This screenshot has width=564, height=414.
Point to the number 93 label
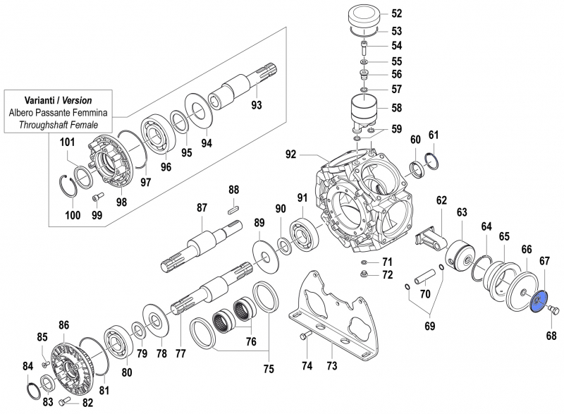tap(256, 106)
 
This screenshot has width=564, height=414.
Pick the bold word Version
tap(78, 100)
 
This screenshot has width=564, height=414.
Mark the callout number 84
tap(28, 365)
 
